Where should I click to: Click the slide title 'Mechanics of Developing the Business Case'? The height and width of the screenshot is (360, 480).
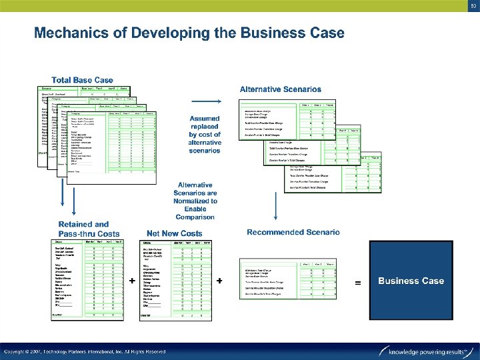[189, 33]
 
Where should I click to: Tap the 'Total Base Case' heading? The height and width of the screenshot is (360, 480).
[82, 80]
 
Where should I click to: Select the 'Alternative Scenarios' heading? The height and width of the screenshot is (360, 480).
[281, 89]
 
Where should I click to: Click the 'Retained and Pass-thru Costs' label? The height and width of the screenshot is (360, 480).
[89, 229]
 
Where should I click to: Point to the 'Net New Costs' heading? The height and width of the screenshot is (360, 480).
[174, 233]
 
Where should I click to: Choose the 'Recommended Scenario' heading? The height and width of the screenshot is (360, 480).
[293, 232]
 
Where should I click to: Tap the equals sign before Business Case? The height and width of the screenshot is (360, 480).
[359, 283]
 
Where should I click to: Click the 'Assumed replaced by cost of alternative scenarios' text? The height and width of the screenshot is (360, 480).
[205, 135]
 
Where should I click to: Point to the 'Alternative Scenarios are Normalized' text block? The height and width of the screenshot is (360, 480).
[195, 201]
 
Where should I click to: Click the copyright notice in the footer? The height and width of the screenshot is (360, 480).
[85, 351]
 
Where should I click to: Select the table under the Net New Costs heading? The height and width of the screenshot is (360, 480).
[175, 280]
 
